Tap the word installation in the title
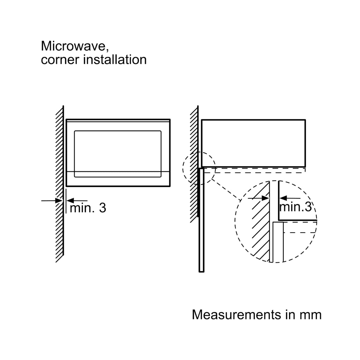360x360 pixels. tap(115, 60)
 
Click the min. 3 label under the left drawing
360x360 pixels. tap(88, 208)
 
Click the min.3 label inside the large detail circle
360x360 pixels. tap(295, 207)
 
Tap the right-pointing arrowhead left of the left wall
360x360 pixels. tap(59, 201)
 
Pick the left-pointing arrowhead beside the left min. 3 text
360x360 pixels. tap(70, 200)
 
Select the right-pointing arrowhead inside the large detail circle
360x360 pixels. tap(265, 198)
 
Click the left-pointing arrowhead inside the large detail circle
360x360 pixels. tap(283, 198)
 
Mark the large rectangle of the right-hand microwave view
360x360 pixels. tap(253, 143)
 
